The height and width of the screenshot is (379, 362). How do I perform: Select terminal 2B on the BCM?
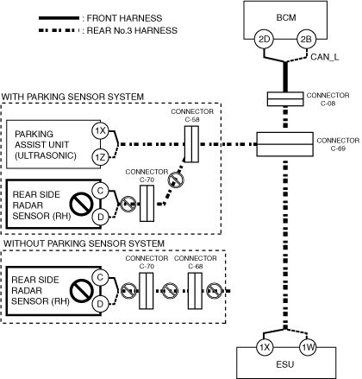pos(306,39)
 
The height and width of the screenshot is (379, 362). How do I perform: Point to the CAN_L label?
pos(325,57)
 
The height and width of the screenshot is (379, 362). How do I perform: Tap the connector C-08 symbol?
pos(285,99)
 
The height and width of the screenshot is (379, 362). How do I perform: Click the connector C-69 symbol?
pos(284,144)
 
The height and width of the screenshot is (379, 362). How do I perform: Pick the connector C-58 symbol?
pos(191,144)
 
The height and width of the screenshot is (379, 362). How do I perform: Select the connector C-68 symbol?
pos(195,291)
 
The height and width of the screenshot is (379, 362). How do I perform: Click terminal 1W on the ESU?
pos(308,348)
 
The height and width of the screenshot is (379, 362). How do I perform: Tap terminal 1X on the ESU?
pos(265,348)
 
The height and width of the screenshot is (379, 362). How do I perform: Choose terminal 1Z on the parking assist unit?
pos(100,157)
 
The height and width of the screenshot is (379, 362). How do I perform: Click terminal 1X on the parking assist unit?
pos(100,131)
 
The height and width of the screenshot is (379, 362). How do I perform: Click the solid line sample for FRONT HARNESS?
pos(59,18)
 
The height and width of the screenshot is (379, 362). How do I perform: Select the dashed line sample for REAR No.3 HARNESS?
pos(59,30)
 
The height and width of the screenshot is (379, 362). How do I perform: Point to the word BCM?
pos(286,17)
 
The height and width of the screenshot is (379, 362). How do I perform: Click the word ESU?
pos(285,364)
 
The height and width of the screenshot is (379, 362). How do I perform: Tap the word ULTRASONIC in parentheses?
pos(46,155)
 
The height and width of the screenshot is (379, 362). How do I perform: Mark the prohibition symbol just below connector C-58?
pos(176,180)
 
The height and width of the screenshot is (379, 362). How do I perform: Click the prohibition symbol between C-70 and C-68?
pos(170,291)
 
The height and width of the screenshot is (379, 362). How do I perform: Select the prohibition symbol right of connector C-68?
pos(215,291)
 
